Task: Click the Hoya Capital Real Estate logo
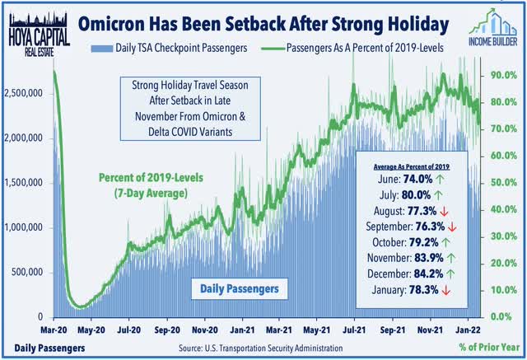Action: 39,35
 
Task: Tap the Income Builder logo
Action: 493,27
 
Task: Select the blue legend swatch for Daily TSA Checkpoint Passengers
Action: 102,48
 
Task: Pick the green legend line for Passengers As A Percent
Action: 273,49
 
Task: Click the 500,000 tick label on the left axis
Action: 27,272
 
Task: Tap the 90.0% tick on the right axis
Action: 503,75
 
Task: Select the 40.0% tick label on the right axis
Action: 503,209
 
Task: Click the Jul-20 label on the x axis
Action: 129,330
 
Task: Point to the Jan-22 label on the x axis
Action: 468,330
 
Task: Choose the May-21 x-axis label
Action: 316,330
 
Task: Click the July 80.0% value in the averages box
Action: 416,195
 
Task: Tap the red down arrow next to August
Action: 445,212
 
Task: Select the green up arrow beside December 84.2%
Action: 450,274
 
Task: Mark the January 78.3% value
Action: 423,290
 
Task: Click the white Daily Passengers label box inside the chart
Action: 240,288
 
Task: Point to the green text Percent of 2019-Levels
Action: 151,177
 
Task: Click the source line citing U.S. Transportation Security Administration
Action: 260,348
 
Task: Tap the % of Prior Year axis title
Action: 489,347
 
